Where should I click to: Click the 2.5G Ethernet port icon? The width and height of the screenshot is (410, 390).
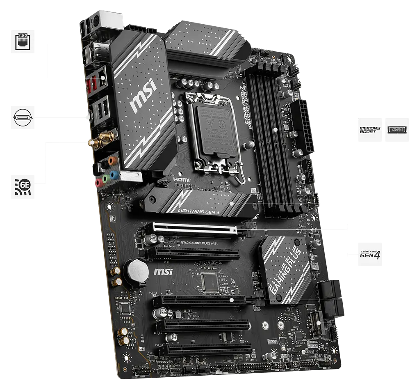23,42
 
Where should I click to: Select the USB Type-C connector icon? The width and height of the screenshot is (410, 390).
23,117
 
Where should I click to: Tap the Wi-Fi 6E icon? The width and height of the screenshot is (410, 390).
23,186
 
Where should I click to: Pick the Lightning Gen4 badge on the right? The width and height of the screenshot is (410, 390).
370,253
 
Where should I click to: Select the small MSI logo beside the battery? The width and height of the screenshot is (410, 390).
162,271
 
